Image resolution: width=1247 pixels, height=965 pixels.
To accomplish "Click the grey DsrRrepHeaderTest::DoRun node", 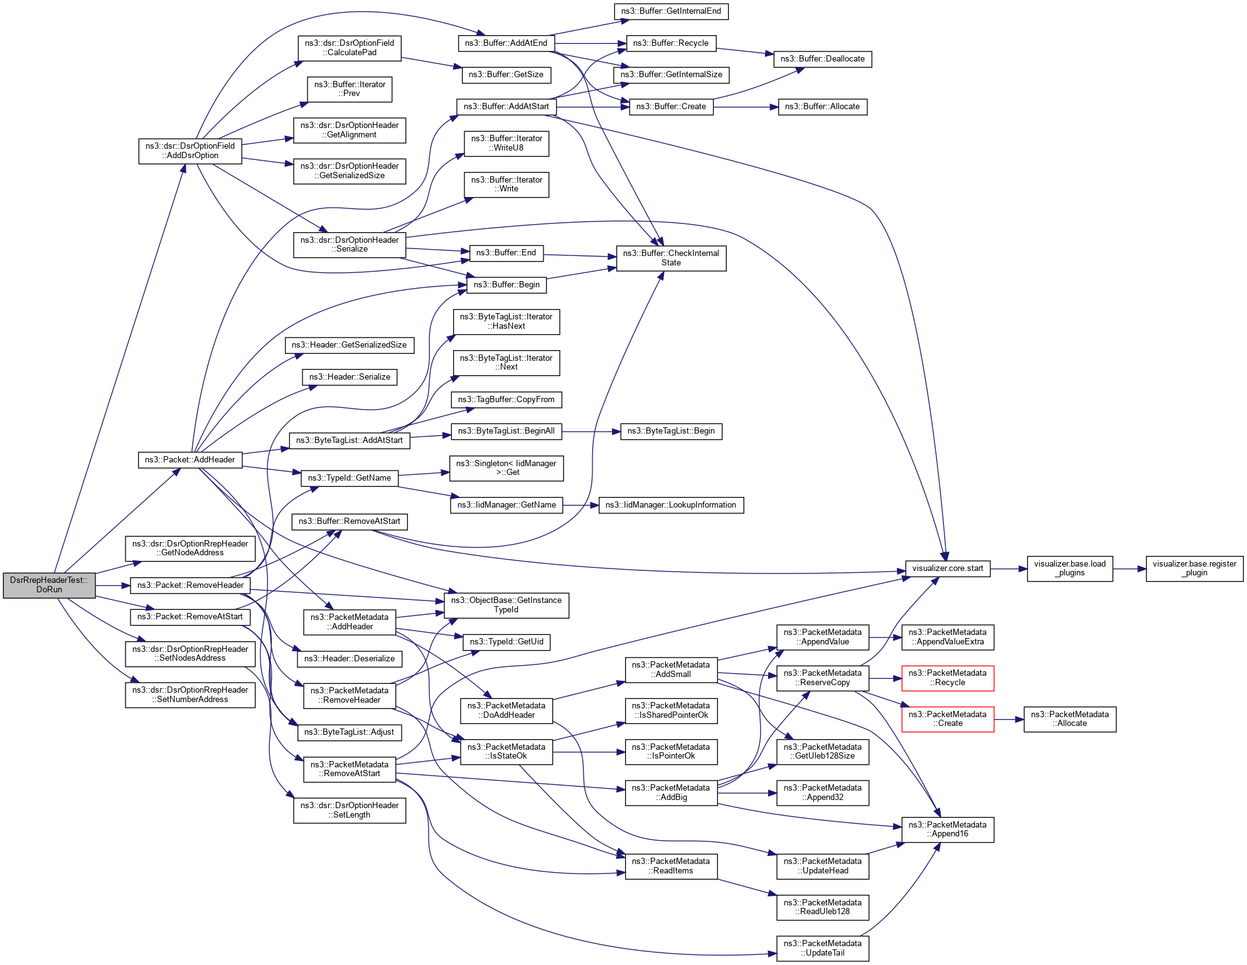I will (49, 585).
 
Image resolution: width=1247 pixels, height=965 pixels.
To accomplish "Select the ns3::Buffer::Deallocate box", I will (822, 59).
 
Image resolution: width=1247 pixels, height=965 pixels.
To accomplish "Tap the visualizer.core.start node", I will (947, 568).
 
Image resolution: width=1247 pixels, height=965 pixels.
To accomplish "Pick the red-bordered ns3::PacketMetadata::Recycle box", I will (947, 678).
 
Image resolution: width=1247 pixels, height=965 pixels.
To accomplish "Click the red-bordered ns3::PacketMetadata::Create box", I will (947, 719).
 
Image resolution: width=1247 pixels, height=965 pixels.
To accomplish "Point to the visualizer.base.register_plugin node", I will (1194, 568).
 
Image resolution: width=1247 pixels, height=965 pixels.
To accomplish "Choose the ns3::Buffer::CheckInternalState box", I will (670, 258).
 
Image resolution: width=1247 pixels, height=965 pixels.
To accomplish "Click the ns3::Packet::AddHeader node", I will (190, 460).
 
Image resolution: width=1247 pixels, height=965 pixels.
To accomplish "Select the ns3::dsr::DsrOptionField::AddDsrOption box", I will (190, 151).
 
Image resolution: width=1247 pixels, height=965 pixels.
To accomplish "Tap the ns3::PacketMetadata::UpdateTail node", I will (822, 948).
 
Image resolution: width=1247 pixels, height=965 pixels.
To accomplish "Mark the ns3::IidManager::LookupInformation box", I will (670, 505).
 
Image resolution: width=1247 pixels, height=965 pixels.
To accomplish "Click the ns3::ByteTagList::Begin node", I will (670, 431).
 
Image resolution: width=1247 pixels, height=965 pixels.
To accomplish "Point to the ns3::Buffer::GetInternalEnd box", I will (670, 11).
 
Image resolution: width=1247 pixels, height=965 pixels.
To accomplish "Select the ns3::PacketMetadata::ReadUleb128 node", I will (822, 907).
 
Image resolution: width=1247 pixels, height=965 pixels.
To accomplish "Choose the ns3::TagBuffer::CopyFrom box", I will (506, 400).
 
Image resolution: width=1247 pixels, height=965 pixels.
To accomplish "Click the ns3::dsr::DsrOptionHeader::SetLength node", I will (349, 810).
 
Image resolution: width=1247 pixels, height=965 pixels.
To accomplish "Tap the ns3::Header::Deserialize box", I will (349, 659).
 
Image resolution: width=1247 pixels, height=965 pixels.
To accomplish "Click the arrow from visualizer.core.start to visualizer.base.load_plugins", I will (1009, 569).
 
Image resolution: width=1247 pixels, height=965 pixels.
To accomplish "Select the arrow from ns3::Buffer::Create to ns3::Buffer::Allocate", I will (746, 107).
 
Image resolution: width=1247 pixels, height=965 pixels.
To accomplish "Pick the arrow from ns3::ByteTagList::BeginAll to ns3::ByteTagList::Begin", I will (591, 432).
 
